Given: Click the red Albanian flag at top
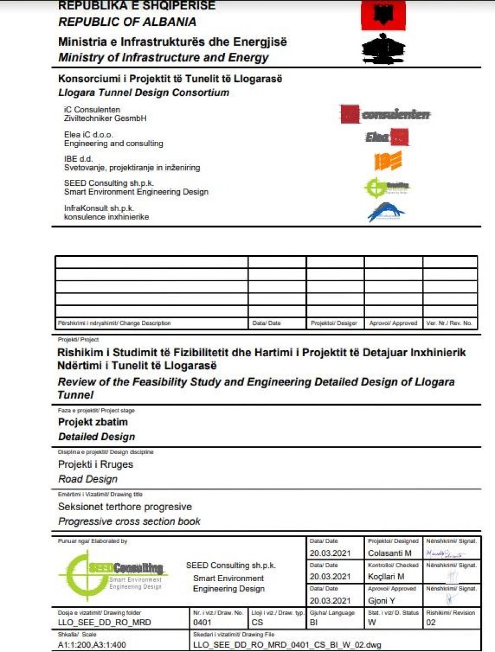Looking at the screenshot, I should point(383,15).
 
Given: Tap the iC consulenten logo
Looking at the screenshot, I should point(385,114).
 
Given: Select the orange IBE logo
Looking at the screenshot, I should point(388,161).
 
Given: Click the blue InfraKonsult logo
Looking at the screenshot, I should point(386,212).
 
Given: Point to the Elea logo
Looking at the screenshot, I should point(387,137).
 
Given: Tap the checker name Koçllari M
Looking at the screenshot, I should point(387,577).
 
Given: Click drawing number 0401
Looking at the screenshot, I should point(202,623).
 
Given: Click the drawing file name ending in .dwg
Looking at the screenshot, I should point(287,644).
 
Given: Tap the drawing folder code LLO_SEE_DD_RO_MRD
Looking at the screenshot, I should point(105,623).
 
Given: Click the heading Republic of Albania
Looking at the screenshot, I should point(127,22).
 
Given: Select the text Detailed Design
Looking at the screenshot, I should point(96,437).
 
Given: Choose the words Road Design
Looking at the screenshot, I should point(87,479).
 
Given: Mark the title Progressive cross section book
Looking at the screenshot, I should point(129,521).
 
